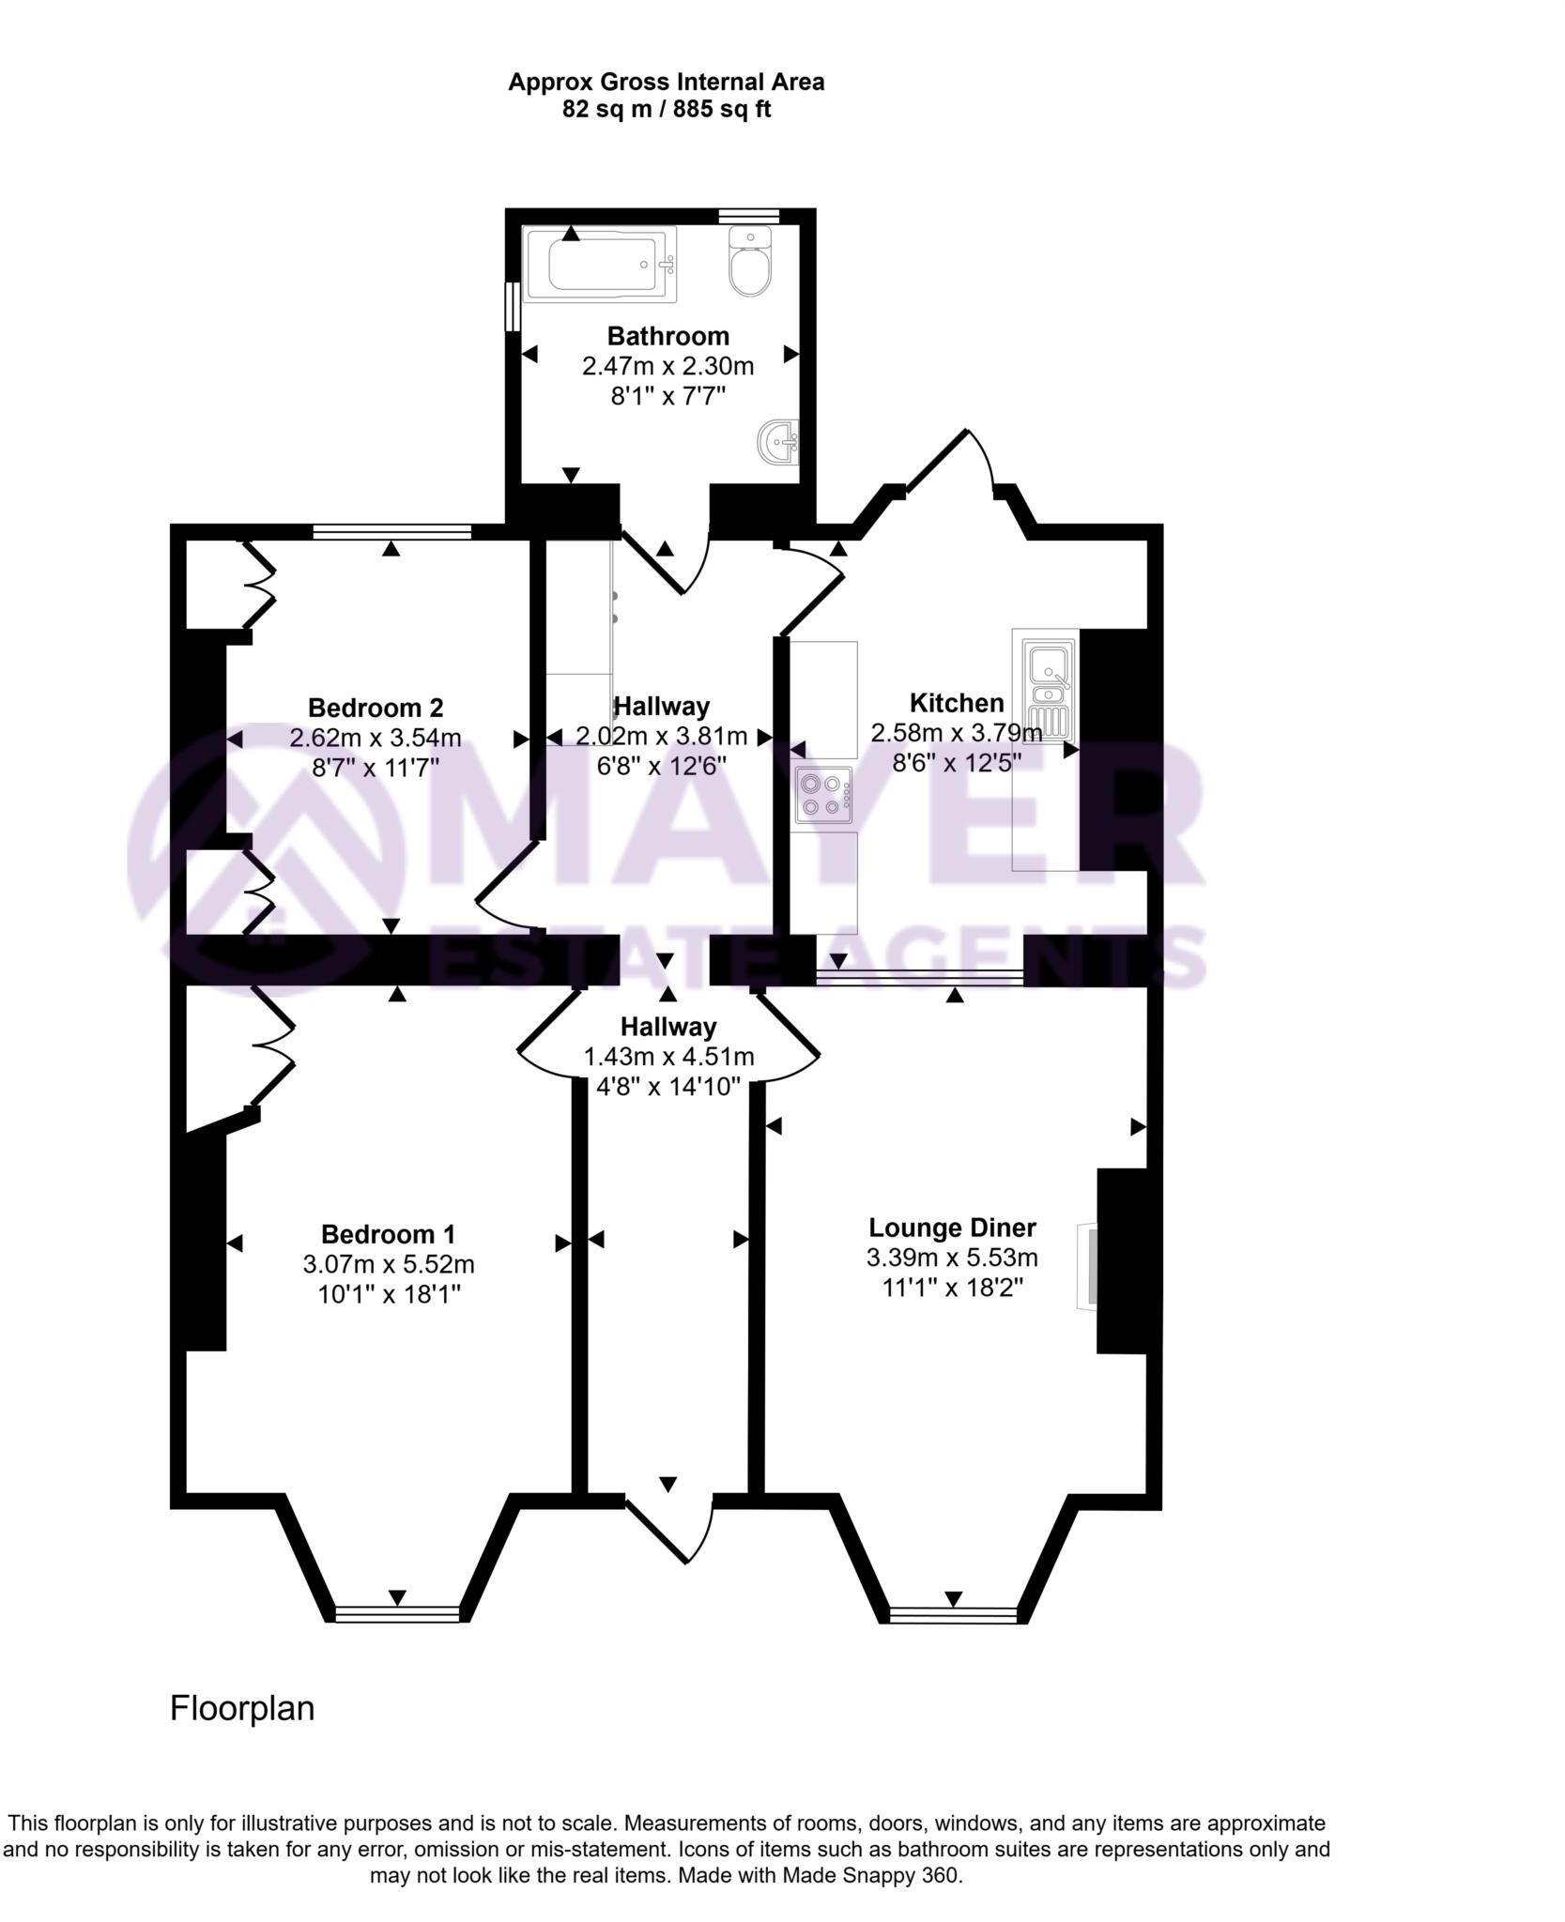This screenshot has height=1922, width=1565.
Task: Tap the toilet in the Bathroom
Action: (749, 263)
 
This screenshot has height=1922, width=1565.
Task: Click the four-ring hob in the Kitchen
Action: (823, 794)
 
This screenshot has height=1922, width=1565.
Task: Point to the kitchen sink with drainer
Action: (1048, 686)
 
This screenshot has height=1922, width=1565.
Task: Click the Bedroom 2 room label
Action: (375, 707)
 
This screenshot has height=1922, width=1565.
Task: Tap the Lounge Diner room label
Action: (951, 1228)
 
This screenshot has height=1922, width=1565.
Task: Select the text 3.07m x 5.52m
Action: (388, 1264)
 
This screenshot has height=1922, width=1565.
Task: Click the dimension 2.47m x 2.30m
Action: (667, 366)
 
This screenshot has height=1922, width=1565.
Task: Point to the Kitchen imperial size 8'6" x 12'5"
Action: (956, 762)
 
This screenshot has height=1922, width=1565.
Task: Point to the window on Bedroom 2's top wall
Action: (391, 533)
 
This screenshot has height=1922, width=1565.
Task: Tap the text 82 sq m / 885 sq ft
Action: (666, 110)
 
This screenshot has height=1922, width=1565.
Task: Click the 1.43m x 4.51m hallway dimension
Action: (667, 1057)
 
